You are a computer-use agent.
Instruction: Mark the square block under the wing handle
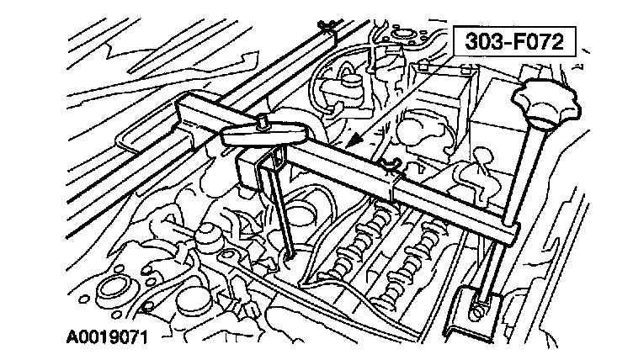pyautogui.click(x=253, y=169)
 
